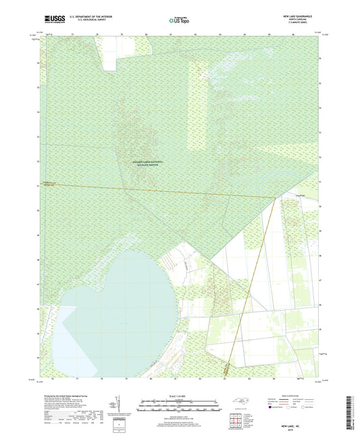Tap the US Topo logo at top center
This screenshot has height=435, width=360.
pyautogui.click(x=178, y=22)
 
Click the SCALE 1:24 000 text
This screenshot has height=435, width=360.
pyautogui.click(x=180, y=396)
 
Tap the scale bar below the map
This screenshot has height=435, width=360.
pyautogui.click(x=180, y=407)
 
